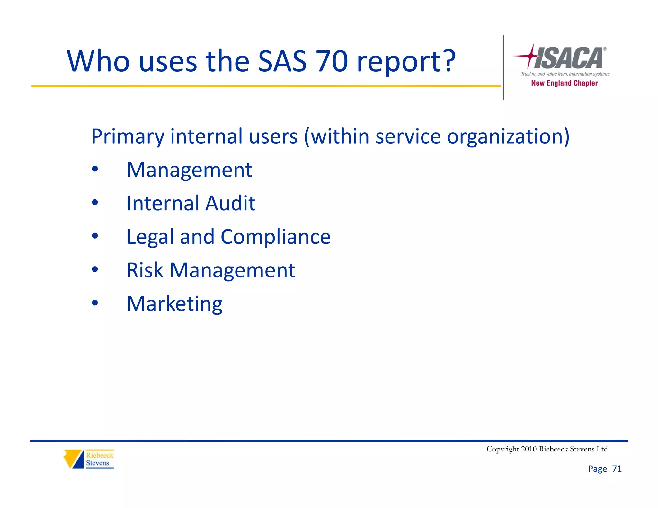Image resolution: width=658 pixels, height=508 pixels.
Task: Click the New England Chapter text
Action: (x=564, y=83)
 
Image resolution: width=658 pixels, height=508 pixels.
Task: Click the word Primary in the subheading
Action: (x=128, y=137)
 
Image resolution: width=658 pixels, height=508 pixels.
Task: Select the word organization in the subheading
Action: (x=508, y=137)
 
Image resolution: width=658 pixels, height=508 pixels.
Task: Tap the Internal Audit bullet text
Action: (x=191, y=203)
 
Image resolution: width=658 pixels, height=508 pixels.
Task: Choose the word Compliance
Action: (x=275, y=237)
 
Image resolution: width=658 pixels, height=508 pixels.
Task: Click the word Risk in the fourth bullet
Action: (x=145, y=270)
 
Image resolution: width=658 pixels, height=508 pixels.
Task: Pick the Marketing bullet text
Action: (x=174, y=304)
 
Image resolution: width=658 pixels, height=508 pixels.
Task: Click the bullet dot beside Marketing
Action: (x=95, y=303)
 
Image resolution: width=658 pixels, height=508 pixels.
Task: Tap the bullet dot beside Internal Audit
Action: (x=95, y=203)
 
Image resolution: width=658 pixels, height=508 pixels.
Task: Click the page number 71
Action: (x=617, y=469)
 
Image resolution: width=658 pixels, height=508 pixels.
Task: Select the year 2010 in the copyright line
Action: (x=528, y=449)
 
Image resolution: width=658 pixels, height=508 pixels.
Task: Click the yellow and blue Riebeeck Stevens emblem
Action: (x=74, y=459)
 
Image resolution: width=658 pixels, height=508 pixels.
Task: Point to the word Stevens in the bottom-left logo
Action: (x=97, y=463)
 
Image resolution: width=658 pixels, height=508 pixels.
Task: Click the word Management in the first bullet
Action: (x=189, y=170)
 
